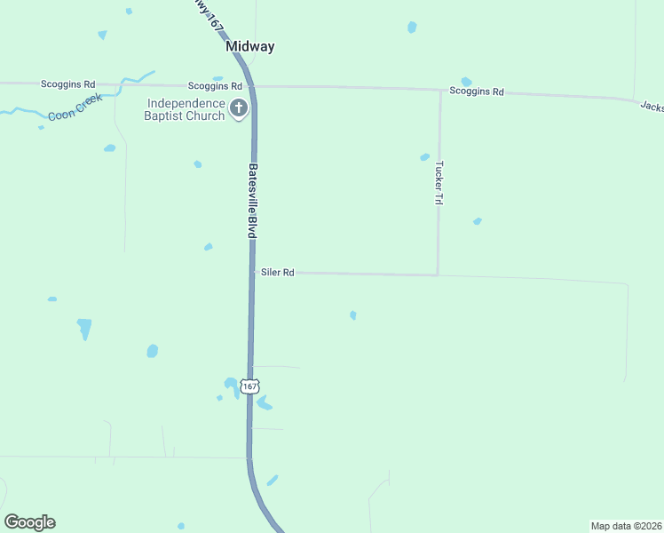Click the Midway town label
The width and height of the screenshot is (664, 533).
(x=249, y=46)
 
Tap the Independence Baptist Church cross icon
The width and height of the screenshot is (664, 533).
(x=238, y=109)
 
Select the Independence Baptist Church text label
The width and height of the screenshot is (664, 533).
(x=186, y=108)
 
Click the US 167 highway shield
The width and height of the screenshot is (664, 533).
(x=250, y=386)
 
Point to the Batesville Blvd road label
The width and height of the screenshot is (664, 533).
(x=252, y=201)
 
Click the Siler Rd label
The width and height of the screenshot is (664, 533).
(x=277, y=273)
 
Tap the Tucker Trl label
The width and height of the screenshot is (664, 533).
(x=438, y=183)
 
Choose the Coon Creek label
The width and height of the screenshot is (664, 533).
(x=75, y=107)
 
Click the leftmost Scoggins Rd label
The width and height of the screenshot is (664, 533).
(x=67, y=84)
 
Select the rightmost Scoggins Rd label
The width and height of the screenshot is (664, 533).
(x=477, y=91)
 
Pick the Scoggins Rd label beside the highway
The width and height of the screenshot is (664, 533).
(x=215, y=86)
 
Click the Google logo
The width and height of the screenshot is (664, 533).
(x=29, y=522)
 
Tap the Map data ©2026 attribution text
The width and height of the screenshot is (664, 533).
(x=626, y=526)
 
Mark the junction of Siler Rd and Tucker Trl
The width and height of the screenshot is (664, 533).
(x=438, y=274)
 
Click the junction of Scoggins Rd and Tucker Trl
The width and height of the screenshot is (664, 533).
(x=440, y=90)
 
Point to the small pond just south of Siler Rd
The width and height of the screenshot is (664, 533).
(x=353, y=315)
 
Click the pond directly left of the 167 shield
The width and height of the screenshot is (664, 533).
(x=230, y=384)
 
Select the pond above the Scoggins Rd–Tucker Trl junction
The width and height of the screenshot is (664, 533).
(x=466, y=82)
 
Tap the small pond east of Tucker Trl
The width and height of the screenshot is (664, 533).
(x=478, y=221)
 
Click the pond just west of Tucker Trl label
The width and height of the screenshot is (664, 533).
(x=424, y=157)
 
